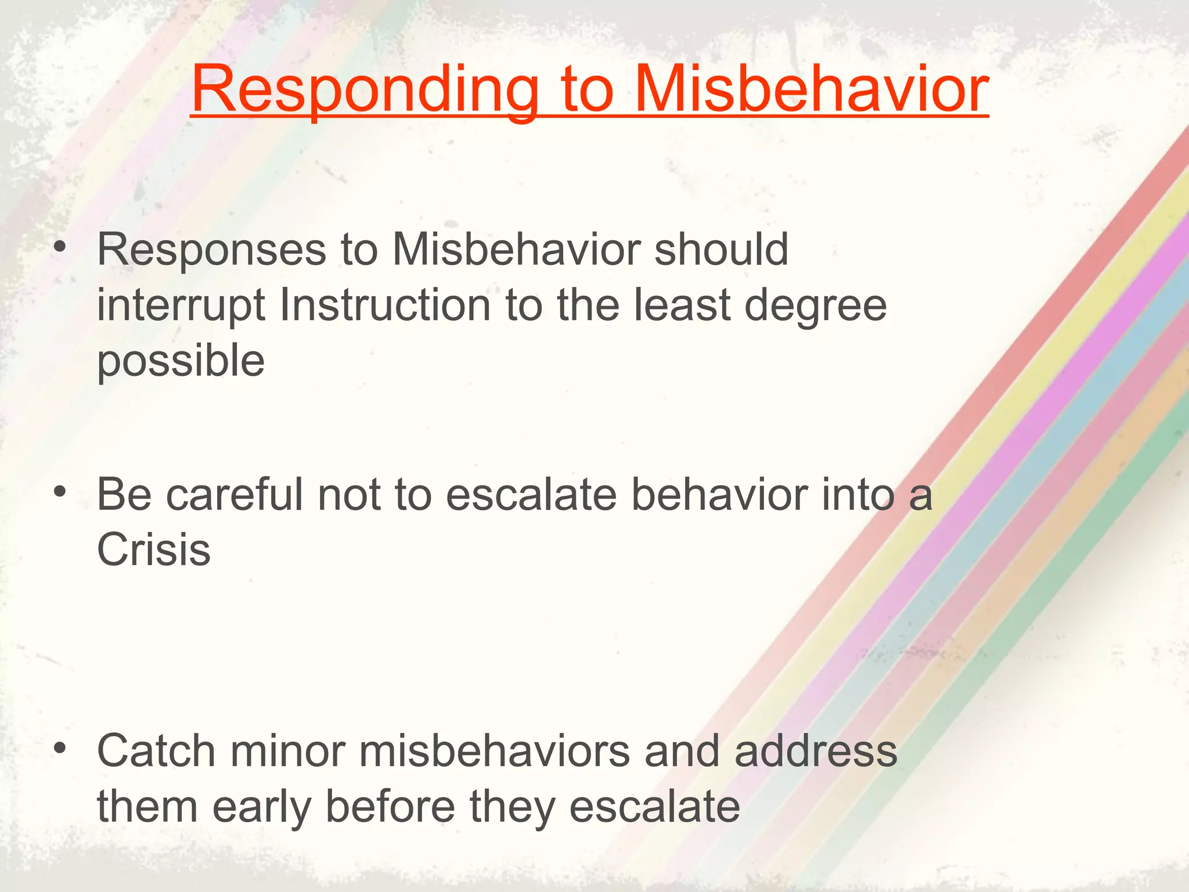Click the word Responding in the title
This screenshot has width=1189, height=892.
click(365, 90)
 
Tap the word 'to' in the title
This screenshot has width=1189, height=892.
click(587, 90)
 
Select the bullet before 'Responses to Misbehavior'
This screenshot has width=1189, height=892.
click(59, 249)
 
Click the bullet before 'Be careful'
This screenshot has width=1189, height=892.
click(59, 493)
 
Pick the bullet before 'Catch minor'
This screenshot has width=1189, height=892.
click(59, 749)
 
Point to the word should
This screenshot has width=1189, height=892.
click(721, 250)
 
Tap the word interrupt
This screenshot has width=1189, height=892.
click(181, 306)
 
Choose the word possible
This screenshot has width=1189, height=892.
click(181, 361)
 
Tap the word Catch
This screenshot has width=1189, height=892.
click(156, 751)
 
